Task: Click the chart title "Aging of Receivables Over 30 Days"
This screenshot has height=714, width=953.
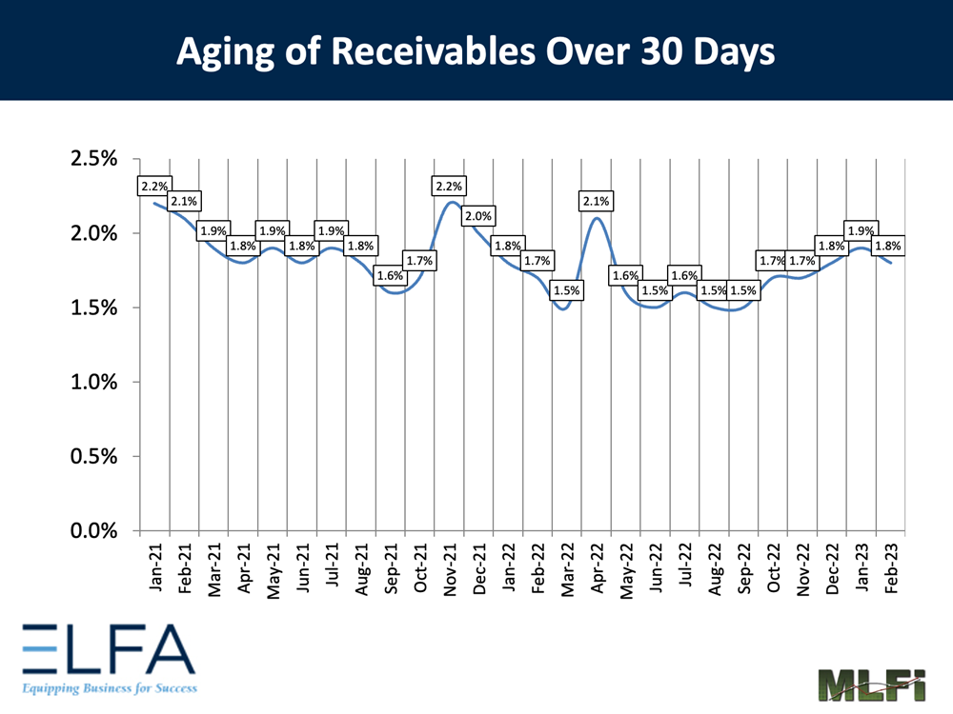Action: pos(476,52)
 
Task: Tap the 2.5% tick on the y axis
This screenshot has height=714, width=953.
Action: pos(94,158)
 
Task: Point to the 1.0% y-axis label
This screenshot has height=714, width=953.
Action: pos(94,382)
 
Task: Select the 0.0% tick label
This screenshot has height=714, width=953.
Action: pos(94,530)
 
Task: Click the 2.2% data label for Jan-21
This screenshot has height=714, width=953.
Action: pos(154,187)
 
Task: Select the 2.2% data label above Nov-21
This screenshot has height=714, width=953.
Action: pos(448,187)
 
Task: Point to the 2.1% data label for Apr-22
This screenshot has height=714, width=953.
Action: pos(596,201)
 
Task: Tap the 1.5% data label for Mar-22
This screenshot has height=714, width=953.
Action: pos(566,290)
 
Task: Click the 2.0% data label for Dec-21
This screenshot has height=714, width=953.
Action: pos(477,216)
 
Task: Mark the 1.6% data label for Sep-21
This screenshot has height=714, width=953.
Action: pos(390,276)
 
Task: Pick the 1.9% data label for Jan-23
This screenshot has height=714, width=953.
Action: pos(861,230)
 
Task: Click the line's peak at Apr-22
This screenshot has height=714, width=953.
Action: pos(597,218)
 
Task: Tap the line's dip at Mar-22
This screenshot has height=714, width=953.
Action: pos(564,307)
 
